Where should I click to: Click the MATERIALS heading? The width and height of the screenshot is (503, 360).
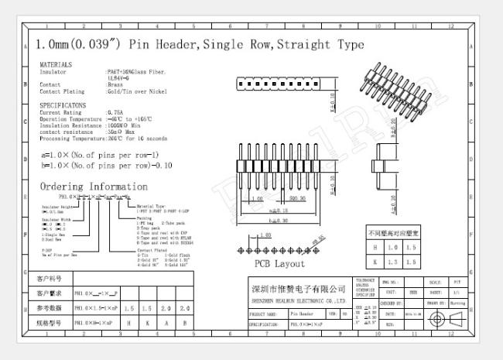[56, 64]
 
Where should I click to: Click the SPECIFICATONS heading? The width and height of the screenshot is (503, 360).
[63, 105]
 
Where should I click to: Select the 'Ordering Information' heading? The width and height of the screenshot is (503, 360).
[93, 187]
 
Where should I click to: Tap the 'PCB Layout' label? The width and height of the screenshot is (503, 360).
[279, 264]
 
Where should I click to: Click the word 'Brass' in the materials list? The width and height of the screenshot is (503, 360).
[115, 84]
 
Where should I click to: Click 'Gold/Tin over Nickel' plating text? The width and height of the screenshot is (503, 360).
[136, 91]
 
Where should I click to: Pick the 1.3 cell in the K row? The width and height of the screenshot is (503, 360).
[392, 262]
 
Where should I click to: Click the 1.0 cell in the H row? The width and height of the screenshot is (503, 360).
[392, 248]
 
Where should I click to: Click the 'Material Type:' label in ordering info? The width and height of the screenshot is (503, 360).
[150, 207]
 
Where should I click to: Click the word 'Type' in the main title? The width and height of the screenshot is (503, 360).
[347, 45]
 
